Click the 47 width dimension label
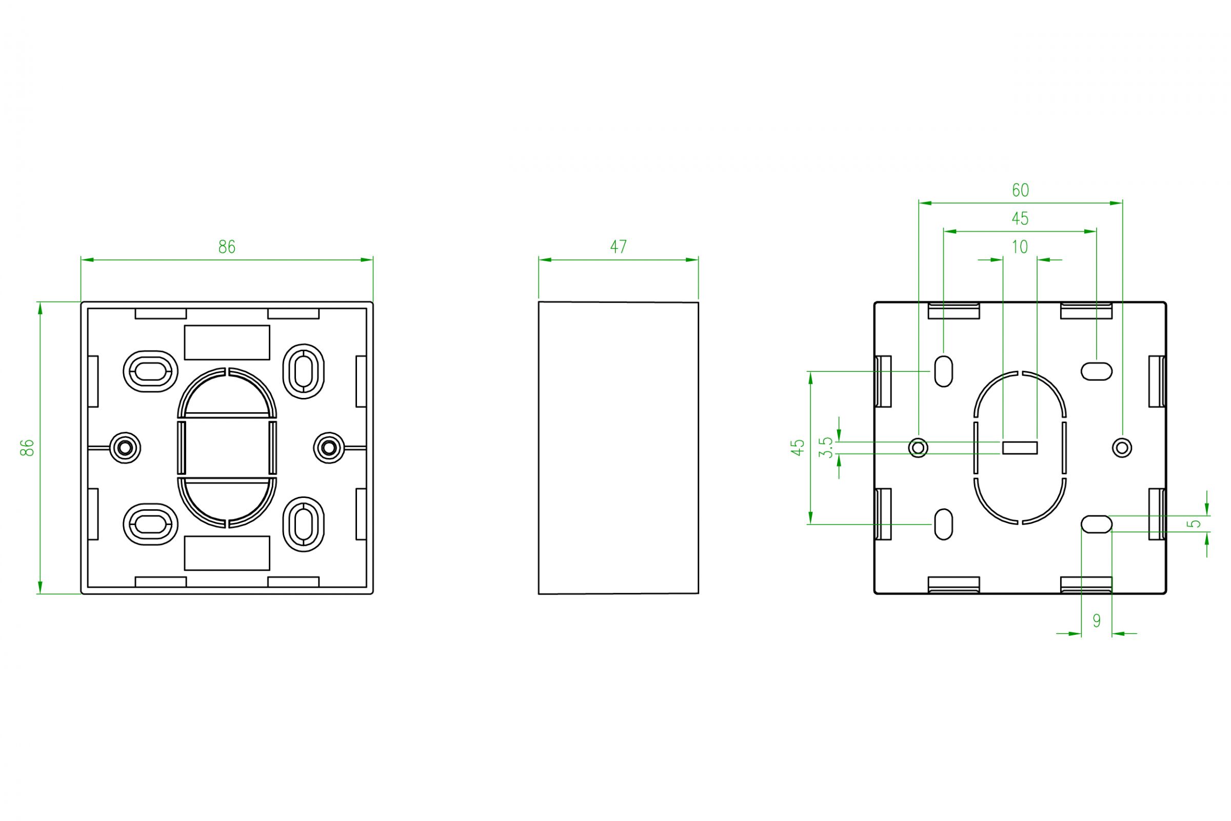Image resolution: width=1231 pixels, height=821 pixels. click(x=619, y=247)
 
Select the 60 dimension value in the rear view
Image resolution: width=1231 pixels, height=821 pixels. click(x=1021, y=190)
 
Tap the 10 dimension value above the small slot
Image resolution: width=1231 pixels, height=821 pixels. click(x=1020, y=247)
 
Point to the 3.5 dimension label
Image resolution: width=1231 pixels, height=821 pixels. click(x=826, y=447)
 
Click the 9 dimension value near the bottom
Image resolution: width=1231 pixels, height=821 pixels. click(x=1097, y=621)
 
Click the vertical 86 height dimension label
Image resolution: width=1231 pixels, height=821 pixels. click(x=27, y=447)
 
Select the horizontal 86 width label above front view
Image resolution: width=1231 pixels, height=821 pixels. click(x=227, y=247)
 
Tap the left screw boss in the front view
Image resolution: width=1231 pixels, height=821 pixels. click(x=125, y=448)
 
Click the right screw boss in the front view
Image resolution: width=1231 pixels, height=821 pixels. click(x=329, y=448)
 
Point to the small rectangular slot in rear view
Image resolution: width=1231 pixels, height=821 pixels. click(x=1020, y=448)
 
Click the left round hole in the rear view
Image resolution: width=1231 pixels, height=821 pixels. click(x=918, y=448)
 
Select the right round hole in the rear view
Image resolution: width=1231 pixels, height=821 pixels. click(x=1122, y=448)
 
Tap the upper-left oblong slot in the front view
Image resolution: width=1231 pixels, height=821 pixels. click(x=150, y=371)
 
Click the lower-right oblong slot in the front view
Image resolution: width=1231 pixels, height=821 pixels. click(x=303, y=524)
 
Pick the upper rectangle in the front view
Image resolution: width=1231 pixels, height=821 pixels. click(x=227, y=343)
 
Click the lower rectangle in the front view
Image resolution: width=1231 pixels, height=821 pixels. click(x=227, y=553)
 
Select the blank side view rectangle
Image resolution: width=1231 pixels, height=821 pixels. click(x=619, y=448)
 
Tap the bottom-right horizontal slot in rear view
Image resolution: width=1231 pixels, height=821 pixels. click(x=1097, y=524)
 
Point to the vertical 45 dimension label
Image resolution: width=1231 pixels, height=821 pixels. click(x=798, y=447)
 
